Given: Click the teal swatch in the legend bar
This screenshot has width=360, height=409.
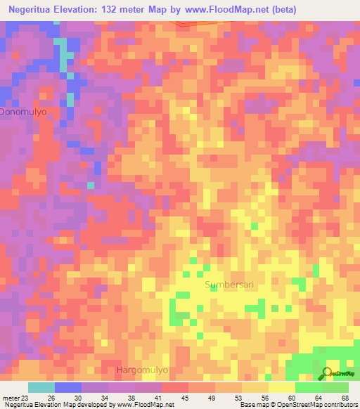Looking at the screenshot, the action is [41, 387].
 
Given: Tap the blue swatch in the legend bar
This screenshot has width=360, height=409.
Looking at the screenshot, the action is [68, 387].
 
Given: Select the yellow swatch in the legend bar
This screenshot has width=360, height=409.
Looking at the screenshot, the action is [282, 387].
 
